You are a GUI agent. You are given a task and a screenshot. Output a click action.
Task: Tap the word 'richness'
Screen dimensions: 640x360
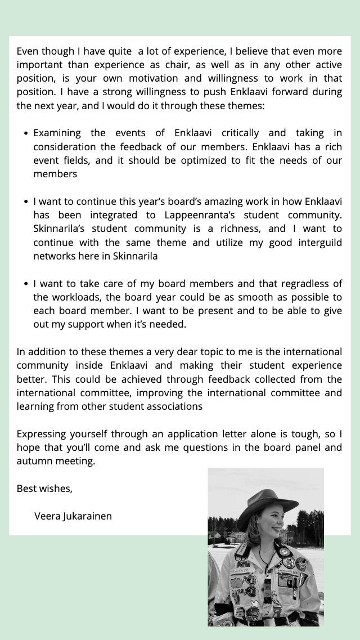click(x=240, y=229)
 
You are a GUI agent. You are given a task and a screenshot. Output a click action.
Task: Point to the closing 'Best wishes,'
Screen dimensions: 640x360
click(x=44, y=489)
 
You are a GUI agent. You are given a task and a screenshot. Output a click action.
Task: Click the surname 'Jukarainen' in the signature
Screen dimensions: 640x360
click(x=88, y=516)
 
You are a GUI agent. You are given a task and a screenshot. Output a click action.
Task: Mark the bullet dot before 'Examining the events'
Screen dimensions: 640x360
click(x=26, y=133)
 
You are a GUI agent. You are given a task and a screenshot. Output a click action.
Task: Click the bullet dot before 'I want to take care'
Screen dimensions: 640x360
click(x=26, y=284)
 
